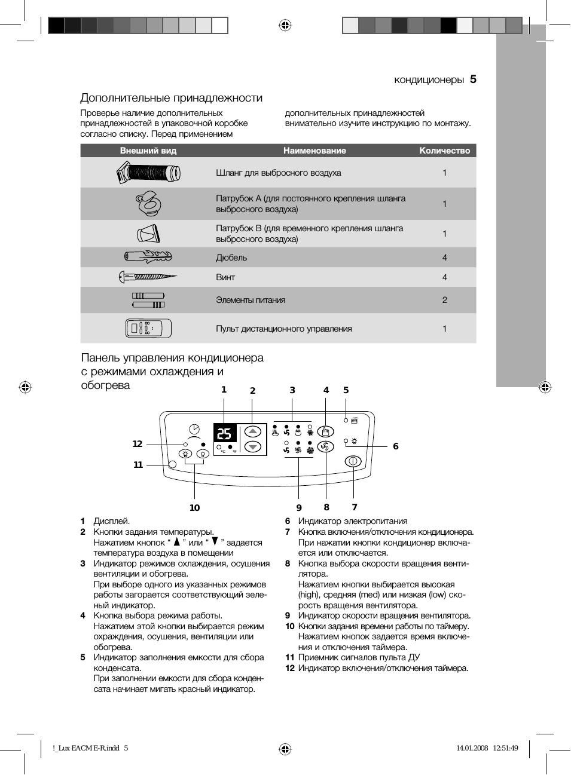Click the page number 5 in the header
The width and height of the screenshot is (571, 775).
[x=473, y=79]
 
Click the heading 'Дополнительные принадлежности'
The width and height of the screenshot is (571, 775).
[x=172, y=98]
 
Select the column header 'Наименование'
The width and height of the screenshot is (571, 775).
[x=314, y=151]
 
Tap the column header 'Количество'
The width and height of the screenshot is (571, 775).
[x=444, y=151]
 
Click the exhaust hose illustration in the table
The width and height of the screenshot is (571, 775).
[x=148, y=173]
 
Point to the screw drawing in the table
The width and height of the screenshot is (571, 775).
[x=148, y=277]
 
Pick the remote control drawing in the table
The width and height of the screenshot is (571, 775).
[x=148, y=329]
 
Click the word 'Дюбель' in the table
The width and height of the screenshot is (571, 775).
[x=231, y=258]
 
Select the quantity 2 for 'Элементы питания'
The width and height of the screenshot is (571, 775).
[x=444, y=300]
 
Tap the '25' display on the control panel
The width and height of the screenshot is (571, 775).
[x=224, y=434]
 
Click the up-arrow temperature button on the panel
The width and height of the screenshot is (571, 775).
[x=254, y=431]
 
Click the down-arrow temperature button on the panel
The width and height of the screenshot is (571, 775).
[x=254, y=447]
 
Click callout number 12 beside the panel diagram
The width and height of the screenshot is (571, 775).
[x=138, y=444]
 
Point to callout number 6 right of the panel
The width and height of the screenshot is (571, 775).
[x=395, y=446]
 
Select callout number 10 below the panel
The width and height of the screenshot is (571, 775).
[x=194, y=508]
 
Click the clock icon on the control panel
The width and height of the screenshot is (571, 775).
[x=194, y=428]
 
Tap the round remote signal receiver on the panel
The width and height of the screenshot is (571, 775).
[x=173, y=464]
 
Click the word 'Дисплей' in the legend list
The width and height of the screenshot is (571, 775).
[x=111, y=521]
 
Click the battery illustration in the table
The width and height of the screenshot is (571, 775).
[x=148, y=300]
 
